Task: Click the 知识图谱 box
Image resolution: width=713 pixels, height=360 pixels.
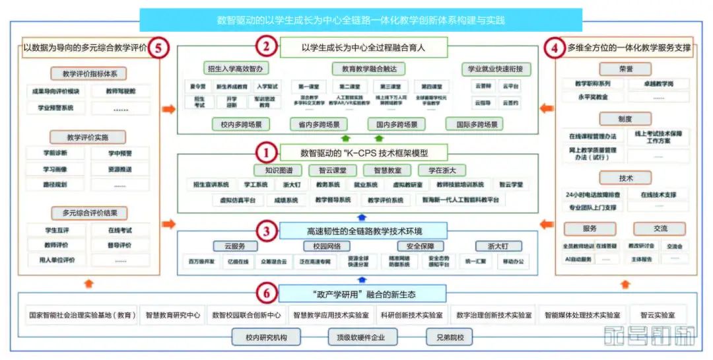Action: [x=273, y=170]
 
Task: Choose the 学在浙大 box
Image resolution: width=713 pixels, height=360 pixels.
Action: [x=446, y=170]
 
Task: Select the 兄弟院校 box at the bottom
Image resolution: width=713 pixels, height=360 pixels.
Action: [x=450, y=338]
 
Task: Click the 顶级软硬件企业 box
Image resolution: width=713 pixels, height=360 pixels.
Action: [x=362, y=338]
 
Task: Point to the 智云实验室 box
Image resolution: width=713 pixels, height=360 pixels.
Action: [x=658, y=315]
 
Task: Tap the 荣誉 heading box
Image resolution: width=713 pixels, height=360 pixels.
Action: [x=625, y=69]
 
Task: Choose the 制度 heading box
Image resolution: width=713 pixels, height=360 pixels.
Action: [x=625, y=119]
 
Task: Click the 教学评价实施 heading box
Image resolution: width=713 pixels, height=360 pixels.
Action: [x=88, y=137]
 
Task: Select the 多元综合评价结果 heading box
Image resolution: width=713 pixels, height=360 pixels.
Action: [x=88, y=213]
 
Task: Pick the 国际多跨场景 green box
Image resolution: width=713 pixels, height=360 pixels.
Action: [x=473, y=124]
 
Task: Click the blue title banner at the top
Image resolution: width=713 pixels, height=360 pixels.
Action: [x=360, y=20]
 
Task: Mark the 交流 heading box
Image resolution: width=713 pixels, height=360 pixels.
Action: [x=660, y=229]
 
